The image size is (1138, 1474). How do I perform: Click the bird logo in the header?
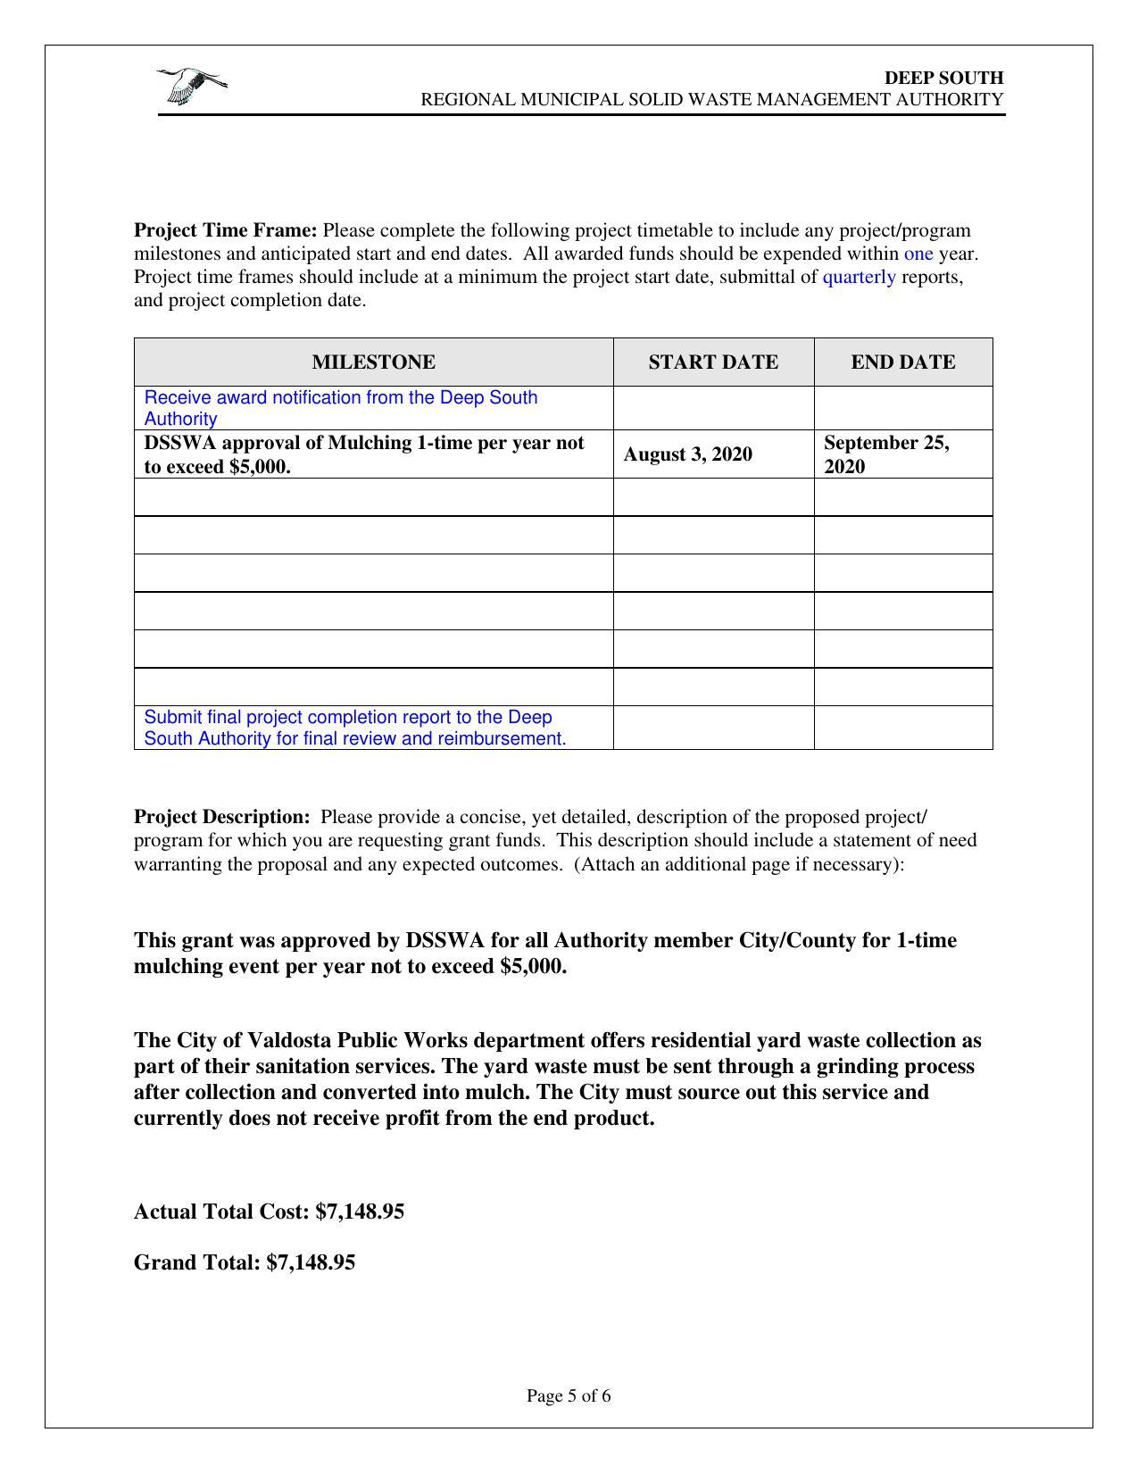point(191,86)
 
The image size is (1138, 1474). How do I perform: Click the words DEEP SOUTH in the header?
point(943,78)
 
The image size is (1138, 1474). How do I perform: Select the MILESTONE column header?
point(373,362)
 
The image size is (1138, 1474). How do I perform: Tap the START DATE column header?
point(712,362)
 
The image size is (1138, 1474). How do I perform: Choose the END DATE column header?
point(902,362)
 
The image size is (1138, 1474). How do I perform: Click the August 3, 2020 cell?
point(687,454)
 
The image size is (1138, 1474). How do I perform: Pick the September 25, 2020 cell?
point(885,454)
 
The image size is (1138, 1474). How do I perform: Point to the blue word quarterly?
point(859,277)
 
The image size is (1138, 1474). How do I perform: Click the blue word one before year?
point(918,254)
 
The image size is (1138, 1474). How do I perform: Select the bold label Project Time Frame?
point(225,230)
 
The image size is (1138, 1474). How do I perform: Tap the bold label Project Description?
point(221,817)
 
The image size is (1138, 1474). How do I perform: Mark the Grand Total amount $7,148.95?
point(311,1262)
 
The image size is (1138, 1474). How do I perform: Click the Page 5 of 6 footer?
point(569,1395)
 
